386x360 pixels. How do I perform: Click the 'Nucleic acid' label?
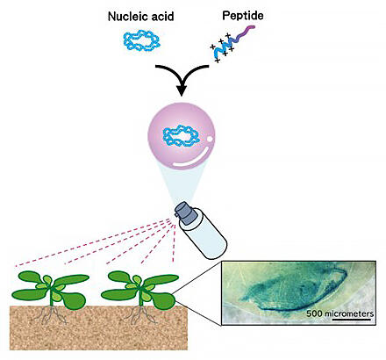141,17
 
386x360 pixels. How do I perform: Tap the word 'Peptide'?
243,16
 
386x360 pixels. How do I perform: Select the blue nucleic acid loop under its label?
141,42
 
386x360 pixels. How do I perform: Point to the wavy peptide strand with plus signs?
232,44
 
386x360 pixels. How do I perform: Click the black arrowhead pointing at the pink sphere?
182,90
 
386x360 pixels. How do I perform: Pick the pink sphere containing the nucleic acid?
182,135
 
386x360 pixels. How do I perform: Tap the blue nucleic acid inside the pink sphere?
182,136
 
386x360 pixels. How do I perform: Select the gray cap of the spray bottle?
186,213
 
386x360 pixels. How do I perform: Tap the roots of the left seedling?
52,315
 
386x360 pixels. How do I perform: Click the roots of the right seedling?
141,315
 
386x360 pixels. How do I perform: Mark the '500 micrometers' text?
340,313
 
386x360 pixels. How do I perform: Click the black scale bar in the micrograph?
352,320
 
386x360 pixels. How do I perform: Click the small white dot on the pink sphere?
210,138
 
